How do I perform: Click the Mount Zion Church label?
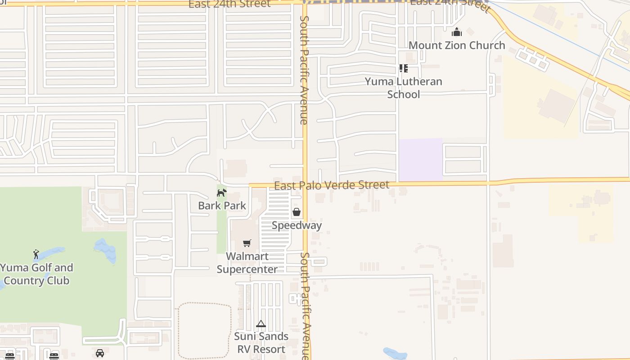[x=457, y=45]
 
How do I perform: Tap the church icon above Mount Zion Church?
[x=457, y=32]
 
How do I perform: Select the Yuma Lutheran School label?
[x=404, y=88]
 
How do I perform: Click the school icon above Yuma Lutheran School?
[x=404, y=68]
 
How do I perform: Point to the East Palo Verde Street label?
[x=332, y=185]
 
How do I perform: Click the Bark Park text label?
[x=222, y=206]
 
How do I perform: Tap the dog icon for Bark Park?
[x=221, y=193]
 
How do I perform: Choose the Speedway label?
[x=297, y=225]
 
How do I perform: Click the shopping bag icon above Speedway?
[x=297, y=212]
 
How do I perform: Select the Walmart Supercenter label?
[x=247, y=263]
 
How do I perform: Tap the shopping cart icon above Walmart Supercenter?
[x=247, y=243]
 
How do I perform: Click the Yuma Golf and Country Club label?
[x=36, y=274]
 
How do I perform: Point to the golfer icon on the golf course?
[x=36, y=254]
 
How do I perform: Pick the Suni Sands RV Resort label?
[x=261, y=343]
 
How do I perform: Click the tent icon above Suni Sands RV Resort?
[x=261, y=324]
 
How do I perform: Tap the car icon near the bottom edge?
[x=100, y=353]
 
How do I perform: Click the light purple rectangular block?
[x=420, y=159]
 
